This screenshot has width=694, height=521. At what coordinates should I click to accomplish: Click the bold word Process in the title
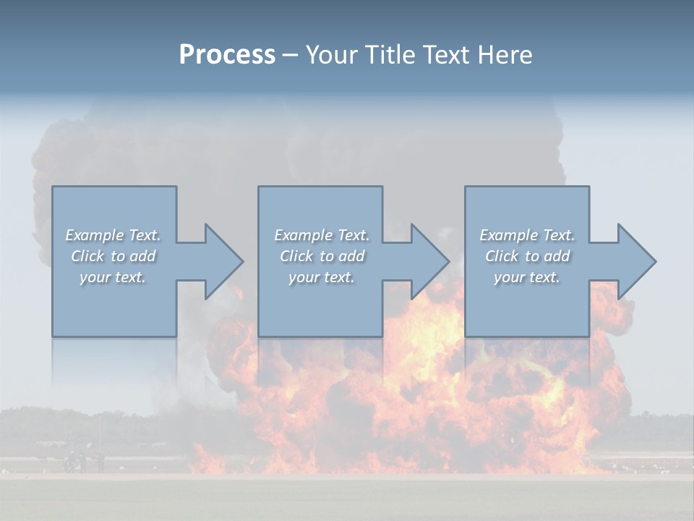pyautogui.click(x=227, y=54)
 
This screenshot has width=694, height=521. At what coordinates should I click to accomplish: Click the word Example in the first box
pyautogui.click(x=95, y=235)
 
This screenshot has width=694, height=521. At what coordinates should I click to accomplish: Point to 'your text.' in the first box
pyautogui.click(x=113, y=277)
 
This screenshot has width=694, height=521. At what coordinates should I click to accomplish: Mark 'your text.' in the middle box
pyautogui.click(x=322, y=277)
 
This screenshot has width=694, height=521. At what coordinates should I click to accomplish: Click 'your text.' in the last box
pyautogui.click(x=527, y=277)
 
